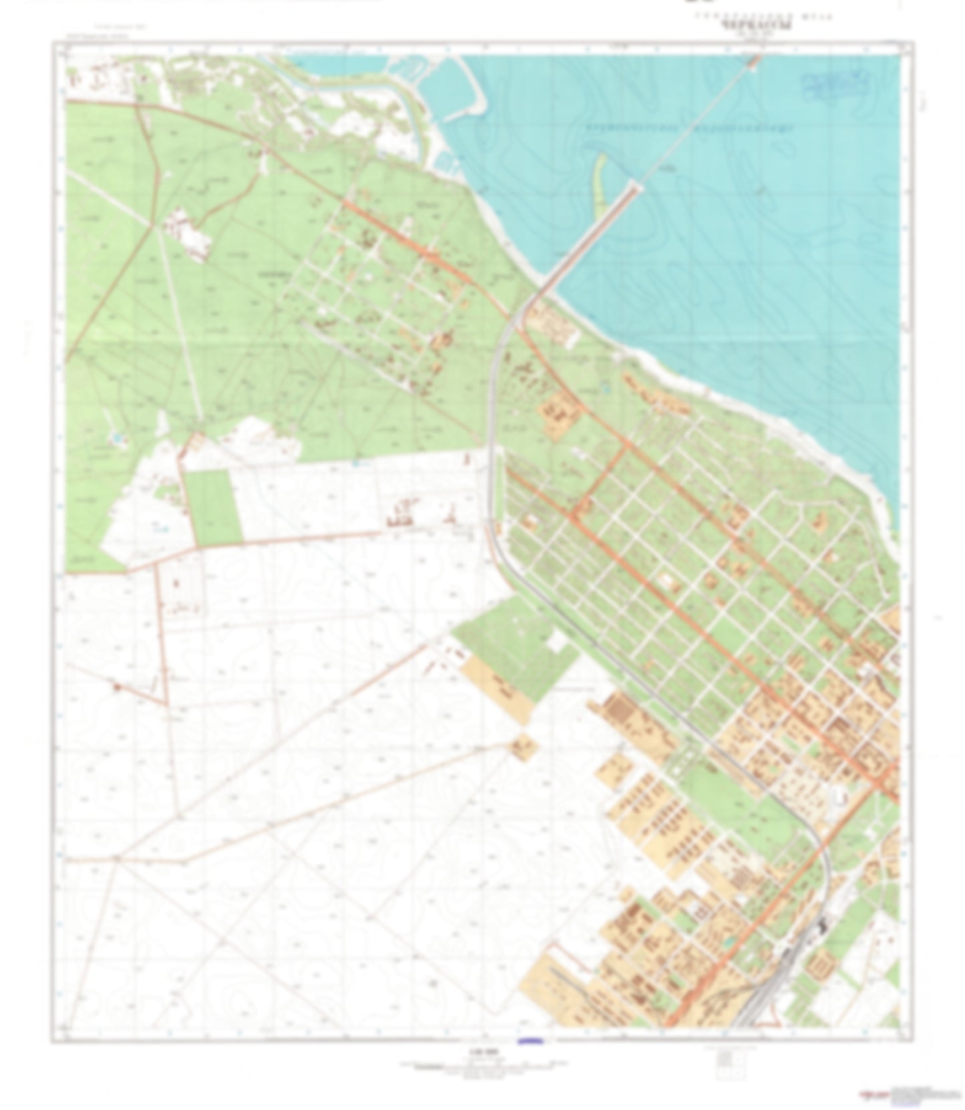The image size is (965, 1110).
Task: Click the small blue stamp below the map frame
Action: coord(531,1040)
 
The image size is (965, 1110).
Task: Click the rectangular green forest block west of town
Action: coord(213,507)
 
